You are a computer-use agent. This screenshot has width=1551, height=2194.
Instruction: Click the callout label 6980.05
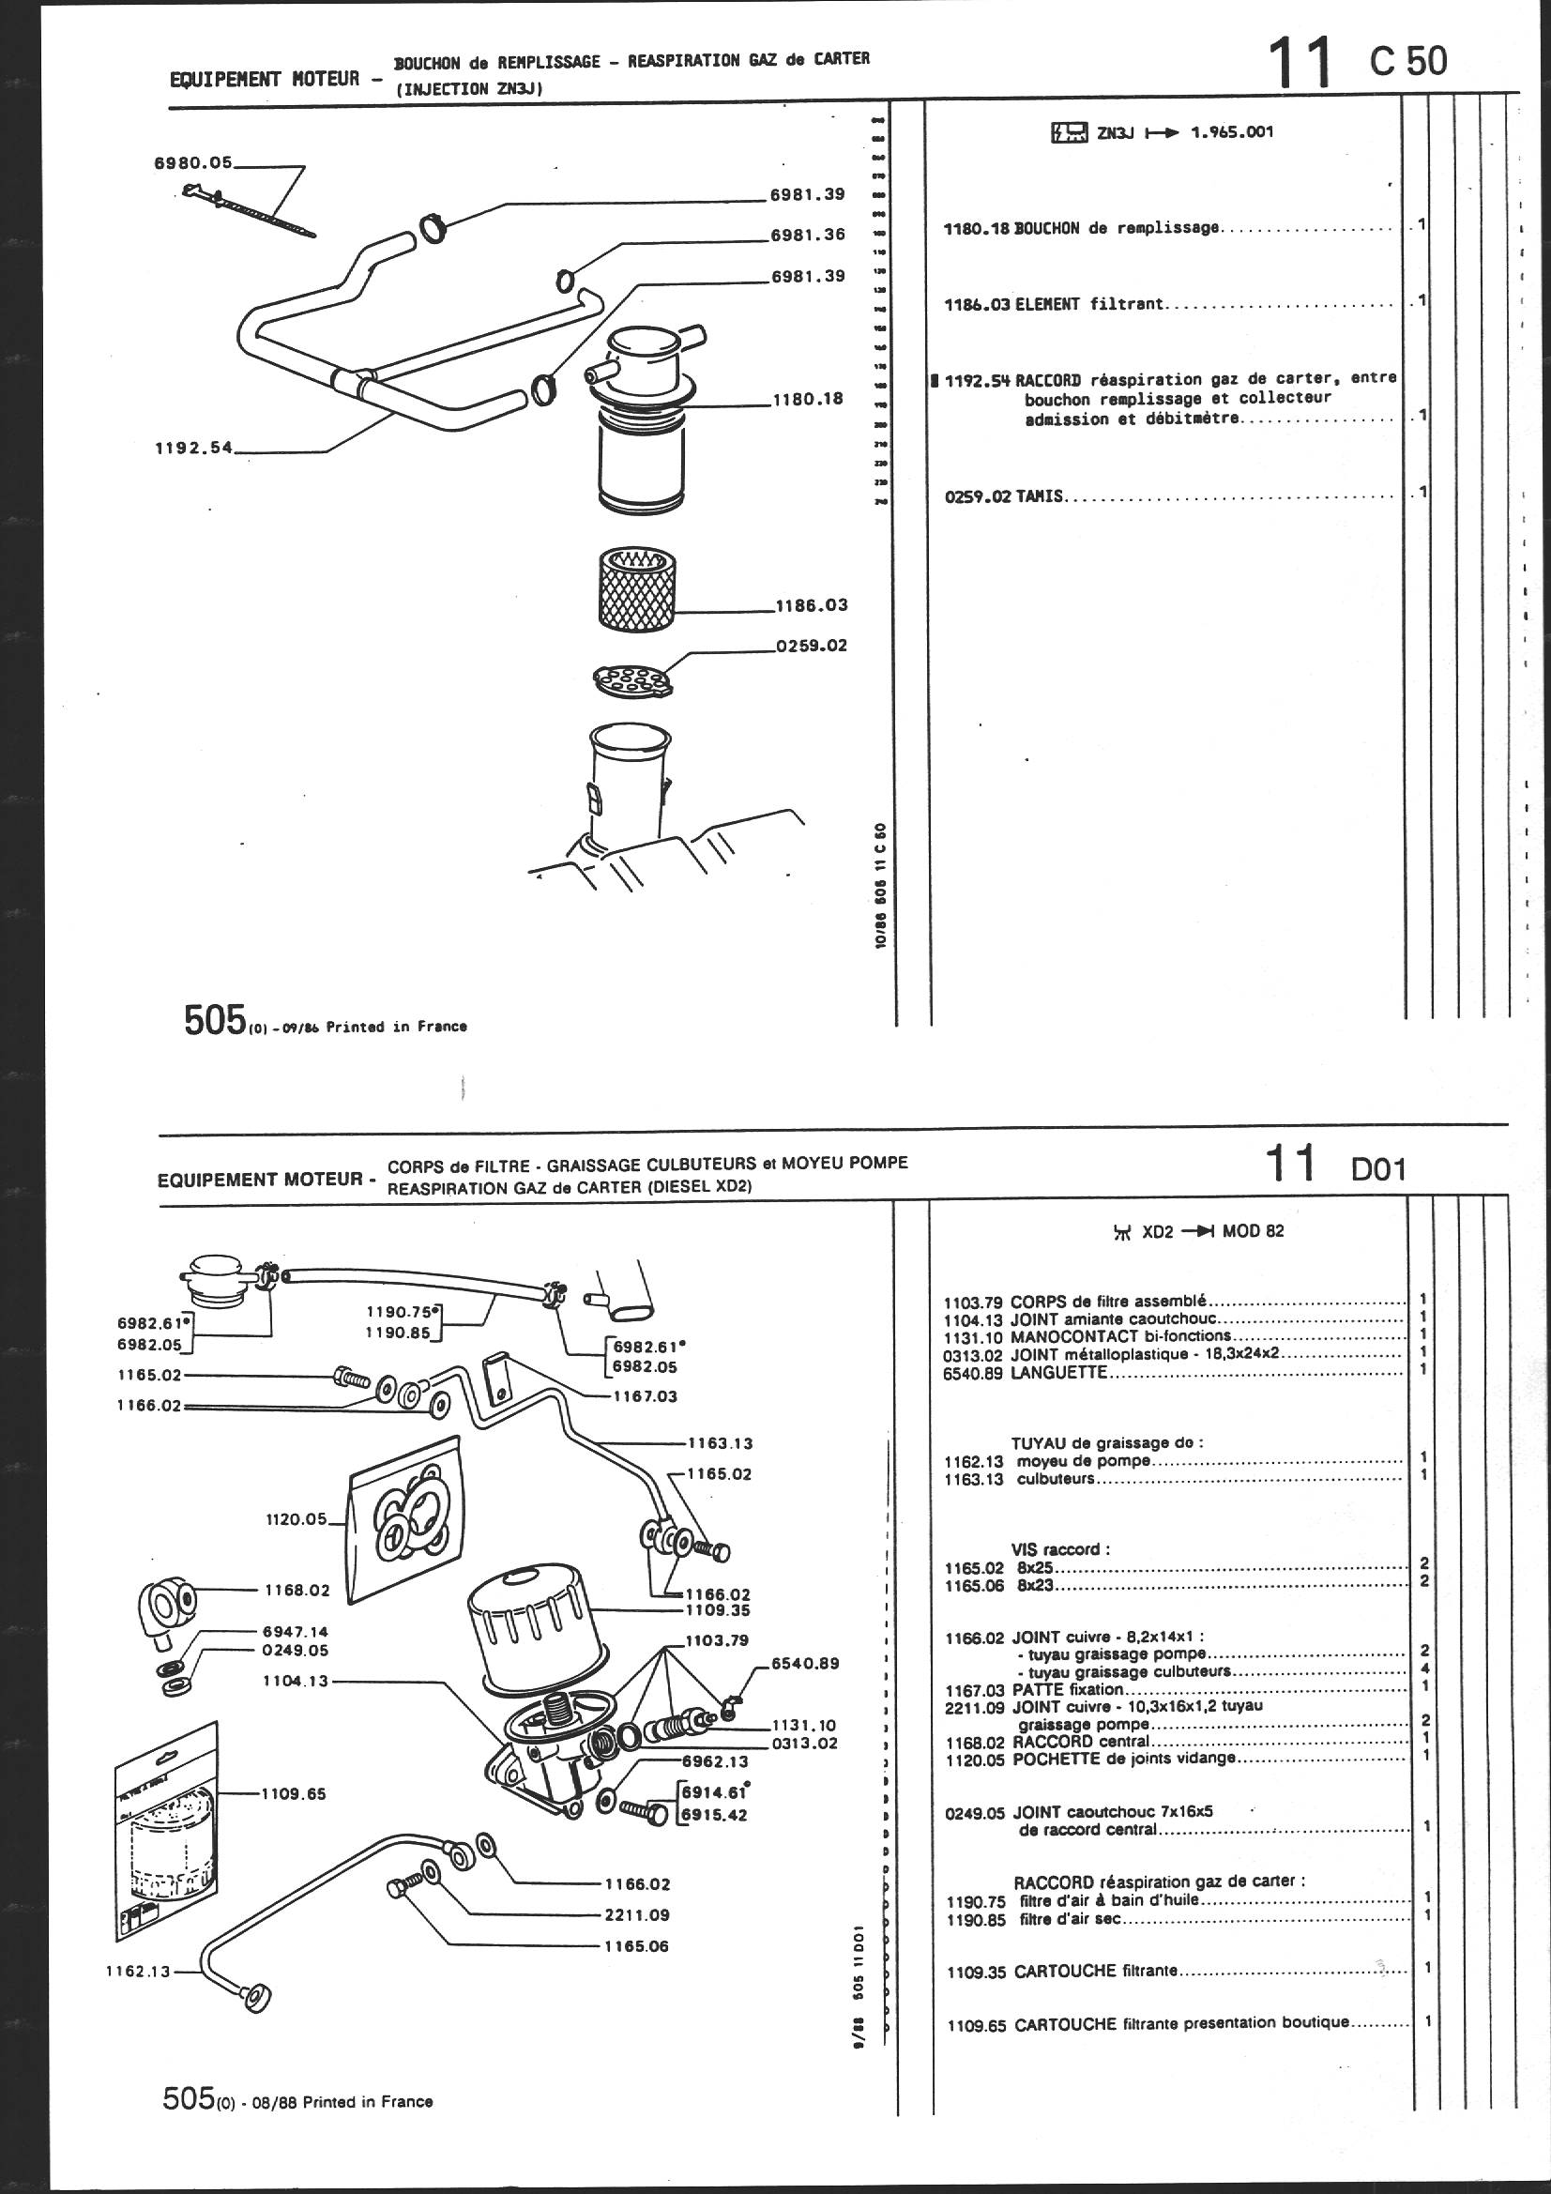click(193, 163)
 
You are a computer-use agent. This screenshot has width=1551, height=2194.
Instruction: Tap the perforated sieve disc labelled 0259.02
click(632, 679)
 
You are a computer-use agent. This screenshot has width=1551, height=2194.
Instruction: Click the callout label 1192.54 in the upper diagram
click(194, 449)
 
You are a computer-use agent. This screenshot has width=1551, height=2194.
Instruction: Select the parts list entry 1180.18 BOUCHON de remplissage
click(1081, 228)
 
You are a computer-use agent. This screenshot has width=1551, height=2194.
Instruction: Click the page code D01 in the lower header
click(1378, 1169)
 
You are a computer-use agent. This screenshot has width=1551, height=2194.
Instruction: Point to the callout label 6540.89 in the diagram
click(807, 1664)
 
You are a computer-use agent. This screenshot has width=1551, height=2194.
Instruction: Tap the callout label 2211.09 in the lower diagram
click(637, 1914)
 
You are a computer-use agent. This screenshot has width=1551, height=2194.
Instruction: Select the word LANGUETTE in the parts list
click(1058, 1372)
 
